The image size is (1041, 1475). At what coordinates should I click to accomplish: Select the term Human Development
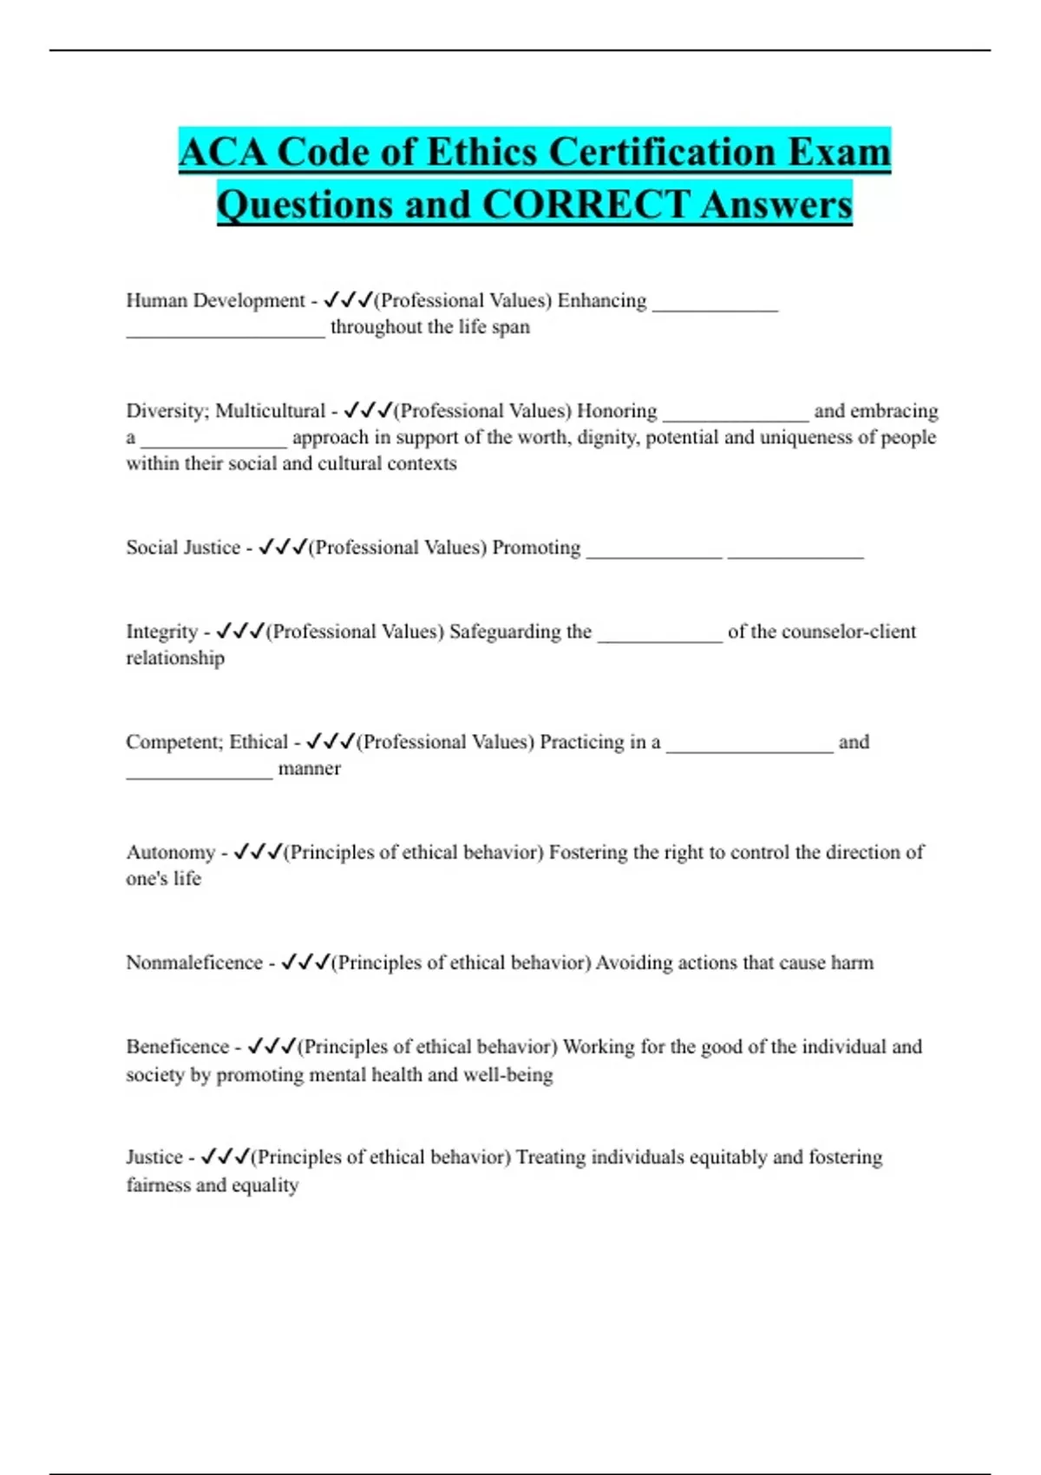point(215,300)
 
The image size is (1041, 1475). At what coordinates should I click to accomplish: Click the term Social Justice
point(183,547)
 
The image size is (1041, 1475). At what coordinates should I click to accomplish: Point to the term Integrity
point(161,632)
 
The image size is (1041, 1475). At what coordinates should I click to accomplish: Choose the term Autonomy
point(170,852)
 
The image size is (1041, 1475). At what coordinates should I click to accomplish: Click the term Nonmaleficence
point(193,962)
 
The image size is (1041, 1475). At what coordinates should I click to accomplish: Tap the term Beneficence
point(177,1046)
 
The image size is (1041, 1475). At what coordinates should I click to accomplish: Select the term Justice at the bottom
point(154,1157)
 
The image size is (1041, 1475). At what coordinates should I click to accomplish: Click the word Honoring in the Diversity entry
point(617,410)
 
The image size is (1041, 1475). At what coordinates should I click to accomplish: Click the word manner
point(309,768)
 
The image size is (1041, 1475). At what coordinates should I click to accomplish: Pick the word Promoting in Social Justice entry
point(536,547)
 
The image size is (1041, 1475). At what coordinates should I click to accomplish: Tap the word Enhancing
point(601,300)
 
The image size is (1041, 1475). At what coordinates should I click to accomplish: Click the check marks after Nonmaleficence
point(305,962)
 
